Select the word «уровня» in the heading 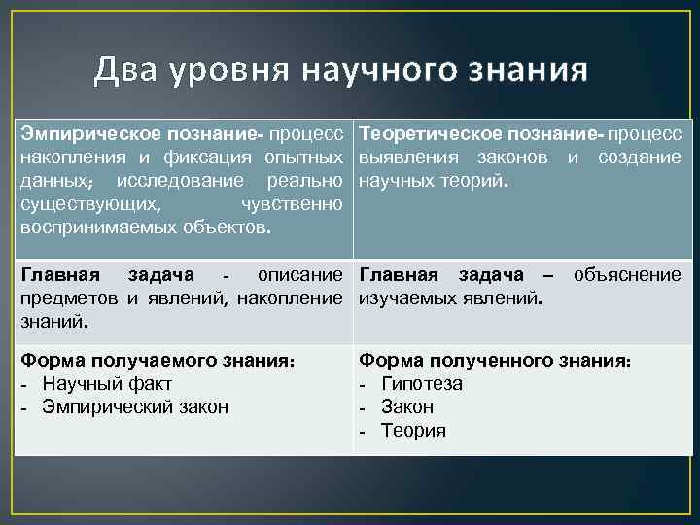click(230, 70)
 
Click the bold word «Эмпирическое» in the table click(79, 133)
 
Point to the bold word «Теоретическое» click(419, 133)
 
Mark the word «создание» click(639, 157)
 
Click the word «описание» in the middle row click(300, 275)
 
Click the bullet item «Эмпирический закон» click(135, 406)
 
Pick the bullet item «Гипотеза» click(422, 383)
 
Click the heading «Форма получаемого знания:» click(157, 360)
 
